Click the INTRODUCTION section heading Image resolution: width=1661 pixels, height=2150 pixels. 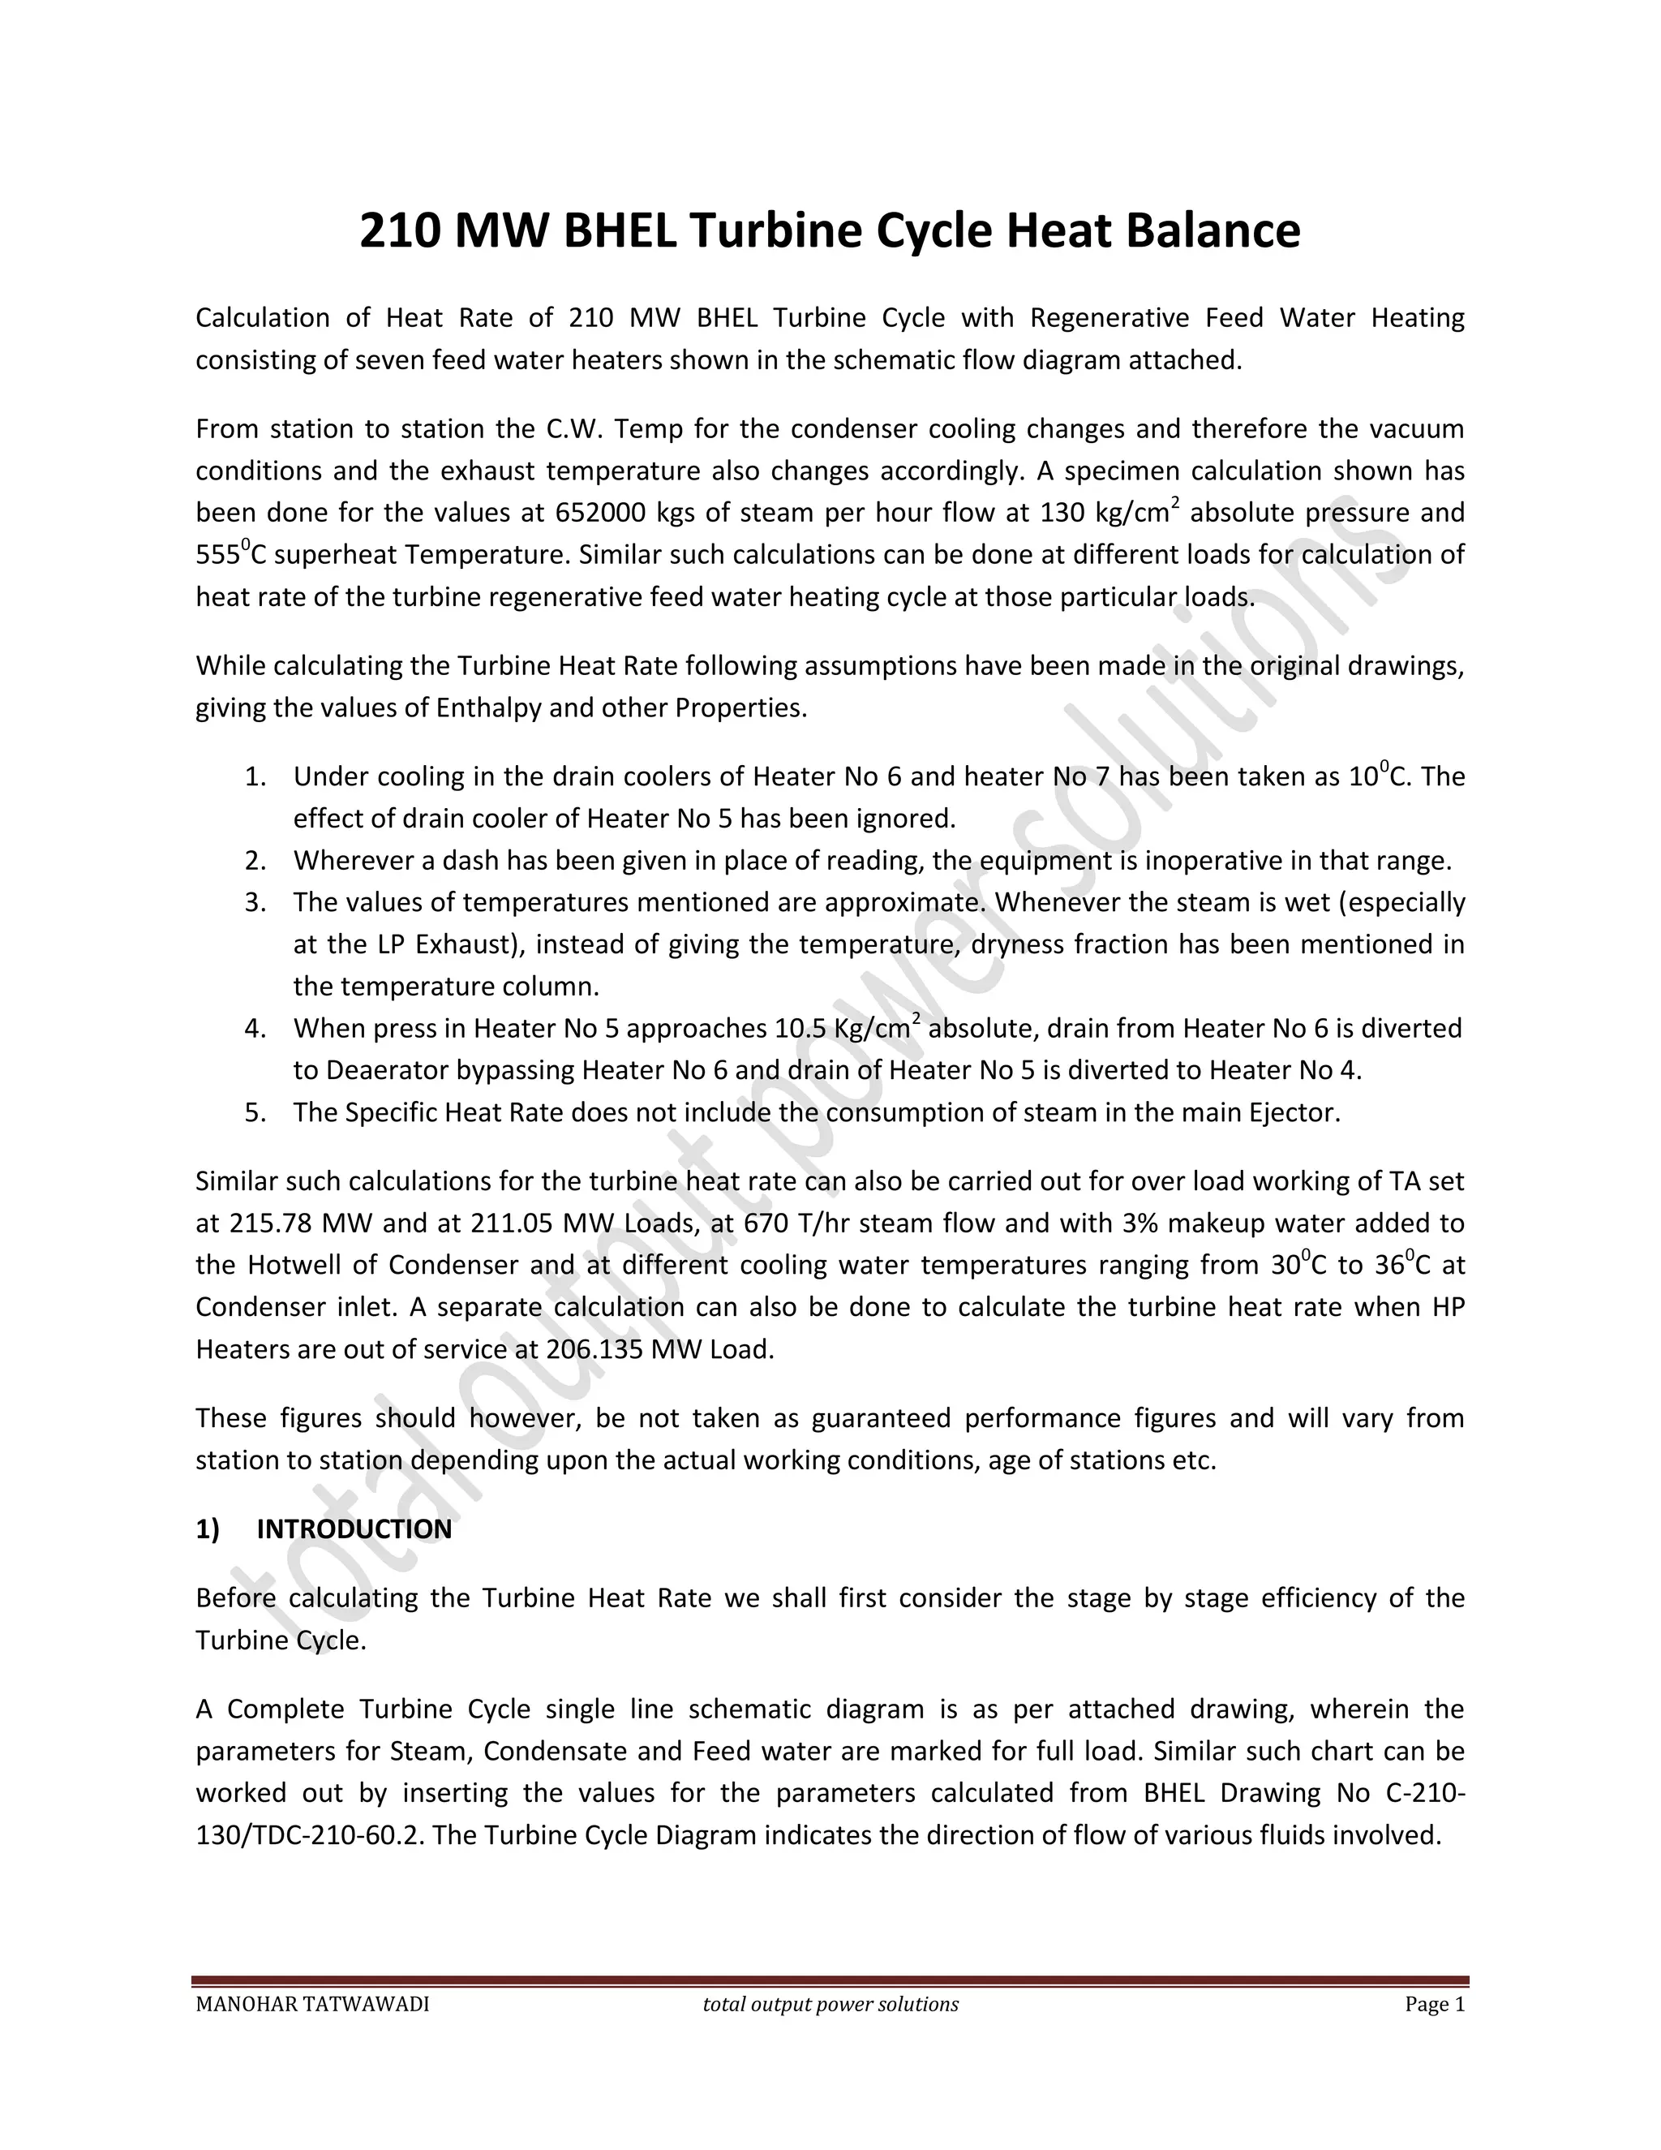(354, 1529)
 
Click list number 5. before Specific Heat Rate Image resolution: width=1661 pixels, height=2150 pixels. (255, 1113)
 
